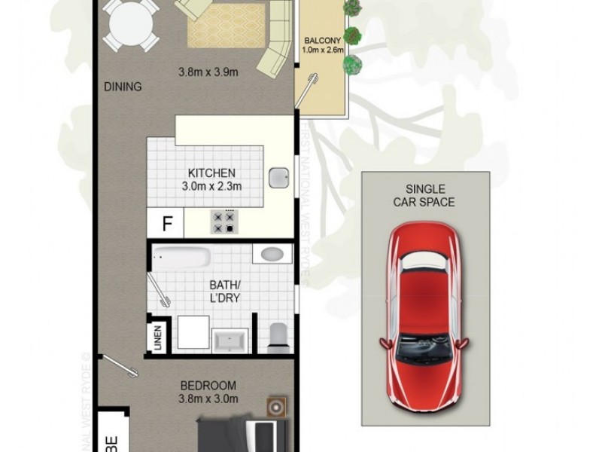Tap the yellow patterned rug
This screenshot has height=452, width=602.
(x=226, y=30)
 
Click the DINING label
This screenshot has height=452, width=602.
(x=123, y=87)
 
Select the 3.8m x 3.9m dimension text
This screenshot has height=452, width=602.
(x=208, y=73)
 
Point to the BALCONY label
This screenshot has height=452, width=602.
(x=323, y=40)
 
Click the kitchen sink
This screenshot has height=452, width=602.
(x=281, y=178)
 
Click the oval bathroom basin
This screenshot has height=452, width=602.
(x=272, y=254)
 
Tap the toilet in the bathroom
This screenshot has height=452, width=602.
(x=277, y=336)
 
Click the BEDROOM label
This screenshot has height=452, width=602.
(x=208, y=385)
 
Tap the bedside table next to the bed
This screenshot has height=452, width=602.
(x=275, y=408)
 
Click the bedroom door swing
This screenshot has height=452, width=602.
(x=120, y=366)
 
